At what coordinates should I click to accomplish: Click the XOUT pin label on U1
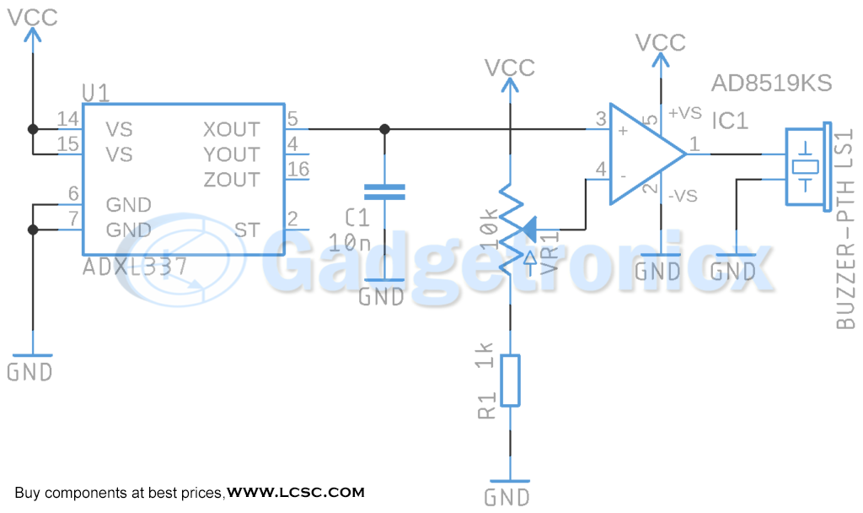pyautogui.click(x=231, y=130)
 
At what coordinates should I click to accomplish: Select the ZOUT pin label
pyautogui.click(x=231, y=180)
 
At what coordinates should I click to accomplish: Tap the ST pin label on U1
pyautogui.click(x=247, y=229)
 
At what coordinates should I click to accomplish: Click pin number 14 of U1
pyautogui.click(x=67, y=118)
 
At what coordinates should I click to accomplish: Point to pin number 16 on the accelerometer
pyautogui.click(x=297, y=170)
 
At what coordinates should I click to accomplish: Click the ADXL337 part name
pyautogui.click(x=134, y=267)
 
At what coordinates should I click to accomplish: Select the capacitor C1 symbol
pyautogui.click(x=384, y=192)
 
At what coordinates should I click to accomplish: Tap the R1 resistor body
pyautogui.click(x=510, y=381)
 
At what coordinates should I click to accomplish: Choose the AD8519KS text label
pyautogui.click(x=771, y=83)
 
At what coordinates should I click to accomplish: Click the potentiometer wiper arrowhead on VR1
pyautogui.click(x=529, y=229)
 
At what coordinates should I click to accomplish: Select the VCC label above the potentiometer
pyautogui.click(x=510, y=67)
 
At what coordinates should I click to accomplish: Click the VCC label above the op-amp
pyautogui.click(x=660, y=42)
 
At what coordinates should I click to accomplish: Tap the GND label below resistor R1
pyautogui.click(x=507, y=495)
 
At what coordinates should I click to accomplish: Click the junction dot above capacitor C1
pyautogui.click(x=384, y=129)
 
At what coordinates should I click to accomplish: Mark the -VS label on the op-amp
pyautogui.click(x=682, y=196)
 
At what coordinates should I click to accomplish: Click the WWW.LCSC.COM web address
pyautogui.click(x=295, y=492)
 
